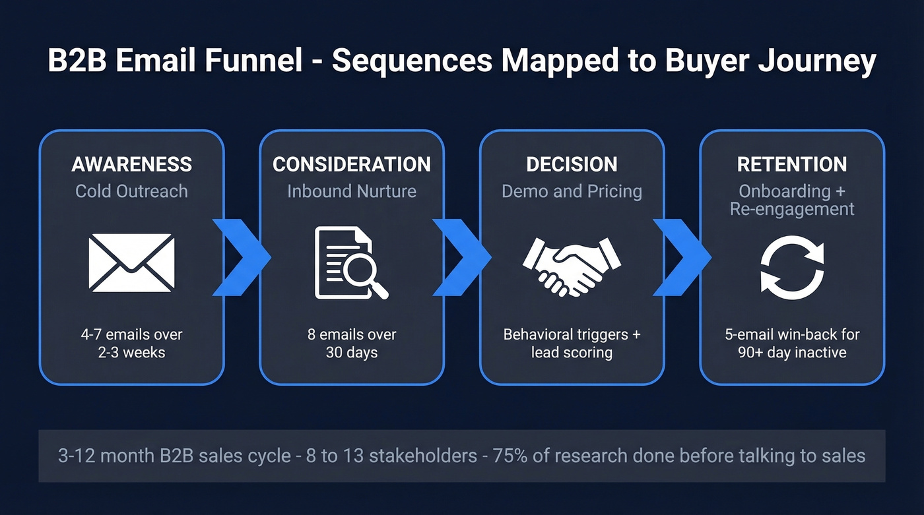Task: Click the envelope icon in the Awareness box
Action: coord(131,262)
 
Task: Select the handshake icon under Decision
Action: coord(572,265)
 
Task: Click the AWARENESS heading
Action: coord(131,164)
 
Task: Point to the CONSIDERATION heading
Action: coord(351,164)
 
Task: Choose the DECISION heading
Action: coord(572,164)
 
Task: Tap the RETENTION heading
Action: coord(792,164)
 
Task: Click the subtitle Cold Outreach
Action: coord(131,191)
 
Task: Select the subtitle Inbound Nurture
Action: coord(351,191)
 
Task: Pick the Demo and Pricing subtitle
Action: coord(572,191)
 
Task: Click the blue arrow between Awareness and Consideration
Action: coord(242,257)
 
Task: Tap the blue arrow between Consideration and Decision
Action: coord(461,257)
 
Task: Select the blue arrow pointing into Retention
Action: coord(682,257)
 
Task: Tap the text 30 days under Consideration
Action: coord(351,352)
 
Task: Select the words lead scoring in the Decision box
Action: coord(572,352)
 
